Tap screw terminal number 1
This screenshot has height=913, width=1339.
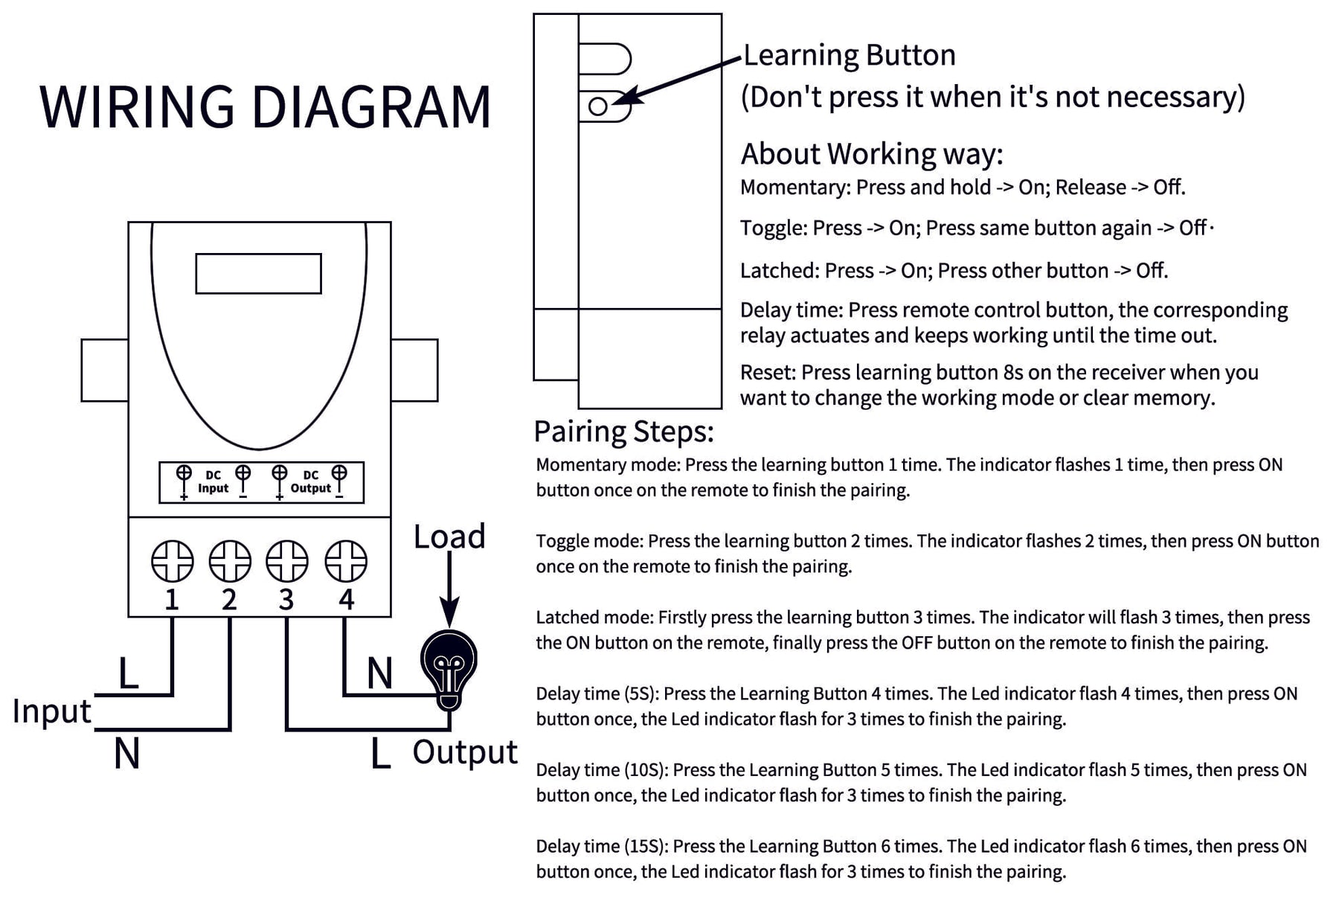click(173, 561)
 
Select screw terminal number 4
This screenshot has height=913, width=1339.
click(346, 561)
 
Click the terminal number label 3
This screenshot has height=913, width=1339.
click(286, 599)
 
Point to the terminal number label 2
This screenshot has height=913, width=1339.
click(229, 599)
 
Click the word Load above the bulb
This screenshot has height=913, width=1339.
click(449, 536)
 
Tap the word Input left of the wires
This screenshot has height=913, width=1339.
click(52, 711)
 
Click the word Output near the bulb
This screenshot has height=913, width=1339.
click(465, 752)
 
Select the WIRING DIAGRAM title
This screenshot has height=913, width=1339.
click(265, 107)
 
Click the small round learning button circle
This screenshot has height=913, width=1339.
click(598, 106)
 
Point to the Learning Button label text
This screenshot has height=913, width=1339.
click(850, 55)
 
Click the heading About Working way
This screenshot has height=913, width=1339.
click(872, 154)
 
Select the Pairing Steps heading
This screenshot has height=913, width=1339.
click(623, 432)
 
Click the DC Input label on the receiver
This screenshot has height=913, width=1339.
click(213, 482)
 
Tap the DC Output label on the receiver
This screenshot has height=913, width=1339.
click(310, 482)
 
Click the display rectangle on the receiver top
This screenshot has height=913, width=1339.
click(258, 274)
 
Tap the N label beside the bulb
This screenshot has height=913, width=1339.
click(379, 674)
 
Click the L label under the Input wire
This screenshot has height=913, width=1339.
click(129, 674)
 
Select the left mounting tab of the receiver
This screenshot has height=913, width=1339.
click(104, 371)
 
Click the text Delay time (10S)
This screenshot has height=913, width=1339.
click(602, 770)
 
